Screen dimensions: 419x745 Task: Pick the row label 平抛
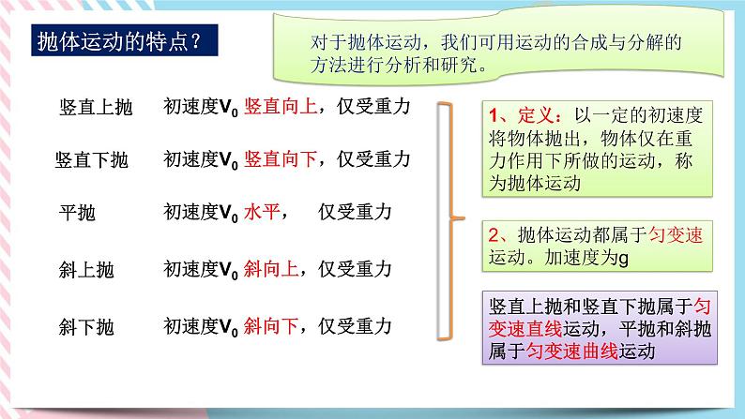coord(76,214)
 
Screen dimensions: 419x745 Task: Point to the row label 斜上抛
coord(85,271)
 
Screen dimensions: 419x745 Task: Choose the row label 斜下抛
coord(85,328)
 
